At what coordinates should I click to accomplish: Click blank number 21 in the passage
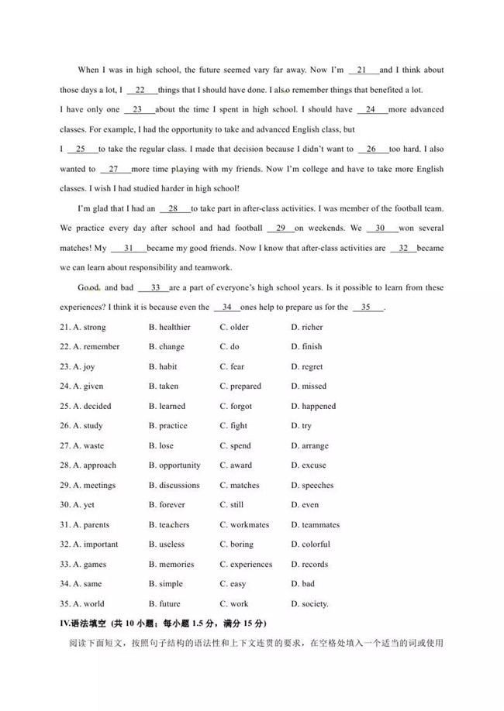point(362,70)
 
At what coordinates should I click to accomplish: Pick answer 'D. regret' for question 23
point(306,366)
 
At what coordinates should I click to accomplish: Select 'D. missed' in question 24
point(309,386)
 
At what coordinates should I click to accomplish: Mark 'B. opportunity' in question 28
point(174,465)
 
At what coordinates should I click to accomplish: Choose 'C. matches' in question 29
point(239,486)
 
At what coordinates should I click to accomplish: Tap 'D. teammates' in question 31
point(315,525)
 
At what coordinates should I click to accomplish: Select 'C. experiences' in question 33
point(246,565)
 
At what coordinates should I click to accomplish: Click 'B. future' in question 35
point(164,604)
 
